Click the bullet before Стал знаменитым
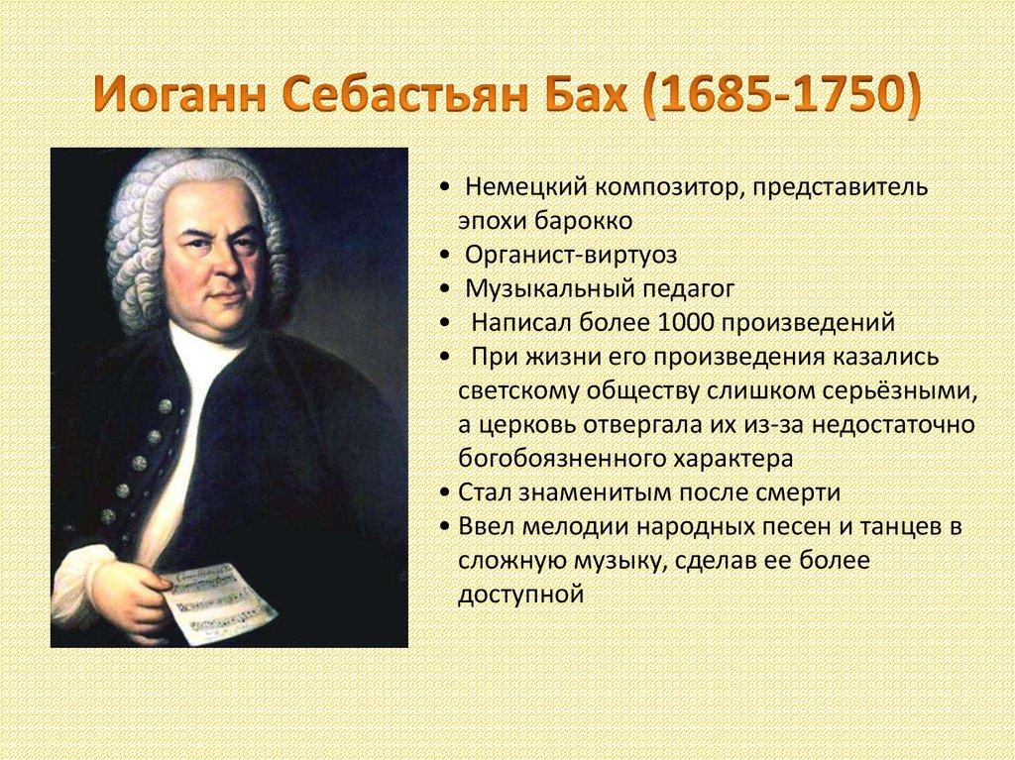447,492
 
